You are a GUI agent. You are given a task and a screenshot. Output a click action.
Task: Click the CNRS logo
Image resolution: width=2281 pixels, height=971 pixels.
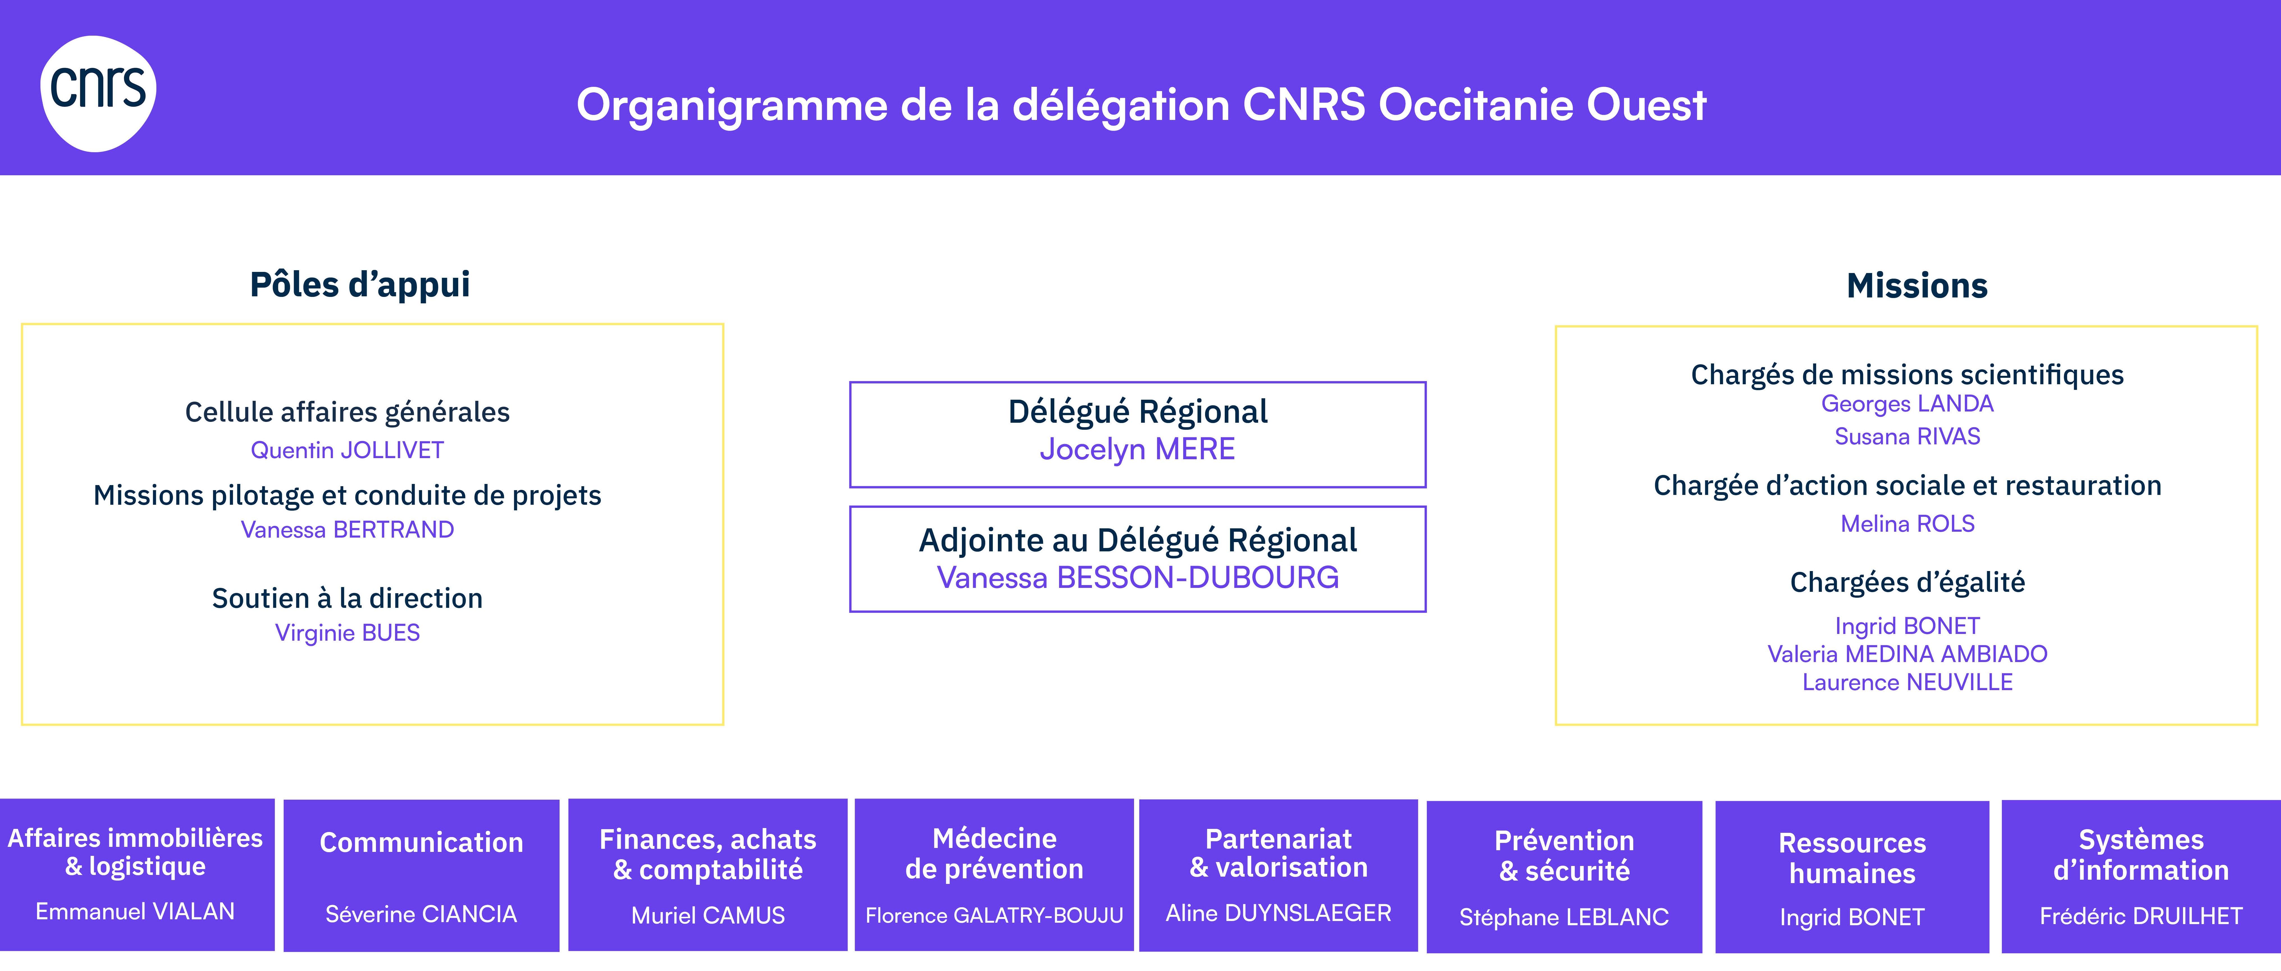point(98,93)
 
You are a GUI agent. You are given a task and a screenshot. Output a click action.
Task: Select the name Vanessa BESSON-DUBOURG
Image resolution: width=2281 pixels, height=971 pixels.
point(1138,578)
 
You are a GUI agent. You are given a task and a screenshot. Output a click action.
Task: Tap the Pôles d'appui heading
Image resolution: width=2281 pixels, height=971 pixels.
point(359,284)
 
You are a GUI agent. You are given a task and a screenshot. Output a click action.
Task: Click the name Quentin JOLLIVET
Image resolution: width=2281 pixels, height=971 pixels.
point(347,450)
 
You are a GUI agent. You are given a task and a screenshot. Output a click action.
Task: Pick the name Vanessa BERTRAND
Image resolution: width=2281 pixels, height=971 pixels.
point(347,530)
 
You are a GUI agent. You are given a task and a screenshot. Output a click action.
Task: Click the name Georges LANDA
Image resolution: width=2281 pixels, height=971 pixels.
point(1907,404)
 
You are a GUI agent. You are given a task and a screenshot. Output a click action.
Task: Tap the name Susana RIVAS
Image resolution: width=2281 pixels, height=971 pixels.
point(1907,437)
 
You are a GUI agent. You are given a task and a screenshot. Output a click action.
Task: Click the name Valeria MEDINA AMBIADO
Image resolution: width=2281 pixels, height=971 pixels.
point(1907,654)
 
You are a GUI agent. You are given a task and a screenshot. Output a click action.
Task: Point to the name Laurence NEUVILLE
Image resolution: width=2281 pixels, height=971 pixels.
point(1907,682)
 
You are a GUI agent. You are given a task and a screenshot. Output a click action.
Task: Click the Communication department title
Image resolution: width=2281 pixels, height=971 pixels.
point(421,843)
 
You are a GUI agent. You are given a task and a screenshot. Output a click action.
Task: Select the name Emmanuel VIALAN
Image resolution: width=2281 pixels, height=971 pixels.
point(136,912)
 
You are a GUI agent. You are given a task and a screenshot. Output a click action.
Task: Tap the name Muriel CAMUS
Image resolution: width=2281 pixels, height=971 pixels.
point(708,915)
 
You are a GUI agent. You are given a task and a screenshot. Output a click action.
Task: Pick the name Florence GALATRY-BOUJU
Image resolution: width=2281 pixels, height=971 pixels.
point(994,915)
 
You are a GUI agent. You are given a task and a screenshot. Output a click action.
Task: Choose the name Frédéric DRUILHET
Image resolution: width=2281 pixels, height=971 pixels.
point(2141,916)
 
